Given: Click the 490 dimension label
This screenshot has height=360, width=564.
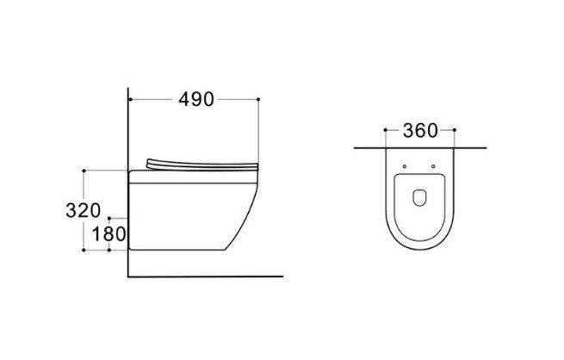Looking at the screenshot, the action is [196, 99].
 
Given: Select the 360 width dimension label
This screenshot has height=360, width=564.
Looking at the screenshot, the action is [420, 131].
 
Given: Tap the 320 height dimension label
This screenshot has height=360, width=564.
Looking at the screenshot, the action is [83, 210].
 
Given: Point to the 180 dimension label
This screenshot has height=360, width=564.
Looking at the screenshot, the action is [109, 234].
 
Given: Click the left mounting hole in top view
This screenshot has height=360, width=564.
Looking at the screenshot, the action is [405, 166].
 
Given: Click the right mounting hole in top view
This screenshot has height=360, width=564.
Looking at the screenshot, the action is [433, 166].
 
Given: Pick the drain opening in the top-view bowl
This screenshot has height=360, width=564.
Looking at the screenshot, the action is [419, 198].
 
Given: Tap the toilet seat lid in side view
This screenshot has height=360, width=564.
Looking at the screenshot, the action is [202, 164].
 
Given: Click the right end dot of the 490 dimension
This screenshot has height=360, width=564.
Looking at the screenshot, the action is [258, 99].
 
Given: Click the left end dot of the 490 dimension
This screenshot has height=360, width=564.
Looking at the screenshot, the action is [130, 99].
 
